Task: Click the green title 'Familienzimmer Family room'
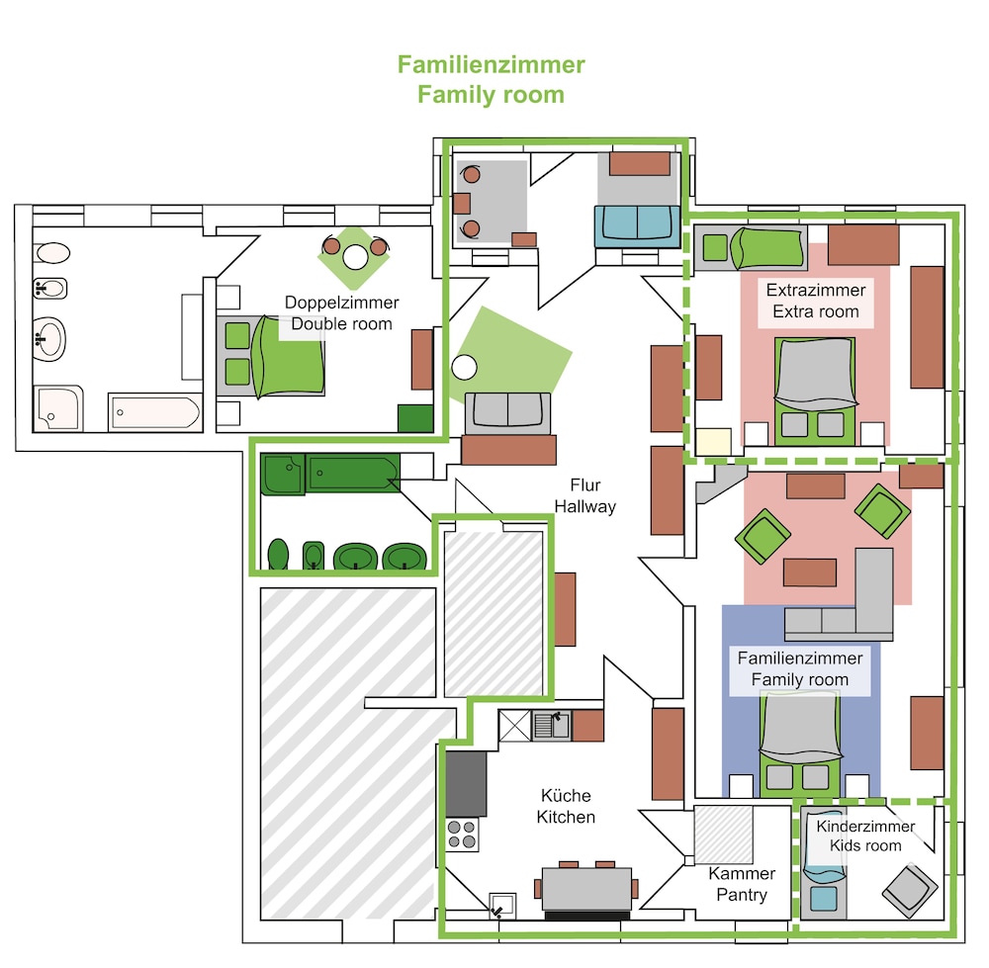491,79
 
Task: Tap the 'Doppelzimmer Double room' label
342,312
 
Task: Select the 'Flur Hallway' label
584,495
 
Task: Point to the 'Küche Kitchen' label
566,806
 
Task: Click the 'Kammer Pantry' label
742,884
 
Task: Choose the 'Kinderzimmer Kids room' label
865,836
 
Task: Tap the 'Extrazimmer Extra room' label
816,301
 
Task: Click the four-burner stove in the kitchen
462,834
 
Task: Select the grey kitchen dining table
586,889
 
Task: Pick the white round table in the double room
355,257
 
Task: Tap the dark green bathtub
353,473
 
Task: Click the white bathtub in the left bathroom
155,413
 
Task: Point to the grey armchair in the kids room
910,891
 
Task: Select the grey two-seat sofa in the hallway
507,412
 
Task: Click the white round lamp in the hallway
464,367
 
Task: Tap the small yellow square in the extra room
713,441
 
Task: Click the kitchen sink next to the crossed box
552,725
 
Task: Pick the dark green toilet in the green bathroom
278,555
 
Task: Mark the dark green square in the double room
415,418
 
